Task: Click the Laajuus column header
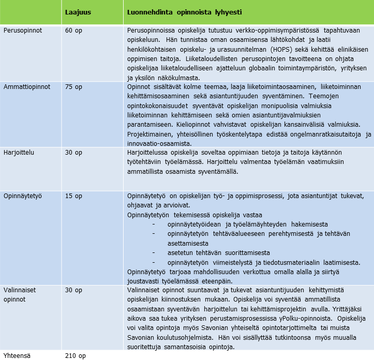pos(78,12)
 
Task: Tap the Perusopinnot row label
pos(23,31)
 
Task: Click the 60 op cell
pos(73,31)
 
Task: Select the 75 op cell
pos(73,87)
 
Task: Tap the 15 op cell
pos(73,196)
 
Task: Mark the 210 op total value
pos(76,355)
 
